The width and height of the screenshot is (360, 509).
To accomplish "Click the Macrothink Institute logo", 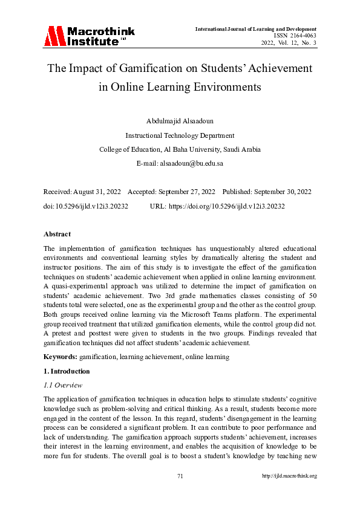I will pos(89,36).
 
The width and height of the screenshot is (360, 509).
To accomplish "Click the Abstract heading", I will pos(57,234).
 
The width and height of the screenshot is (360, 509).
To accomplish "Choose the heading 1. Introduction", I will pos(67,371).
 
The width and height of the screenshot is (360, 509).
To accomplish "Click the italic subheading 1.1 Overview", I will pos(63,385).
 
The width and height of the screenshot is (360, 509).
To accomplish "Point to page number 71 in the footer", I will pos(180,476).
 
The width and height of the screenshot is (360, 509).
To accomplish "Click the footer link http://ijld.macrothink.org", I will pos(289,476).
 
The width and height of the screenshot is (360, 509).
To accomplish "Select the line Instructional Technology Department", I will pos(180,135).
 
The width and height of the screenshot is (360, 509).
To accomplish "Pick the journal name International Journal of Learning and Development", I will pos(255,29).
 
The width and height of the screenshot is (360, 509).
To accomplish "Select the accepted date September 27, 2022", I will pos(185,192).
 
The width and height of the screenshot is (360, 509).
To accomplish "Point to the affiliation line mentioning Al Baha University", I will pos(180,149).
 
